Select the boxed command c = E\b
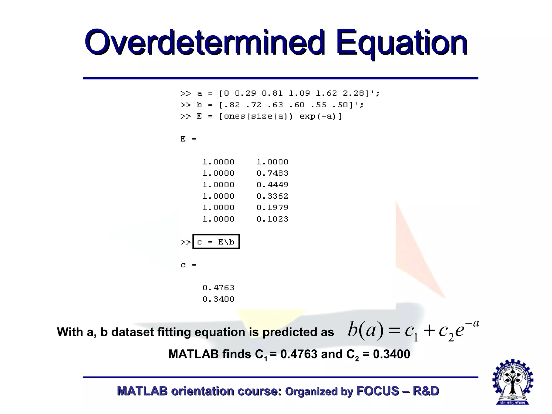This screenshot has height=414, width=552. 216,242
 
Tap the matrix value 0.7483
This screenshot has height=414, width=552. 272,173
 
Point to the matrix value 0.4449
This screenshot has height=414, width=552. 272,185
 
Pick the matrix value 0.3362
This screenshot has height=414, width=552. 272,196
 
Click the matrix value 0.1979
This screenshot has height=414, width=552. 272,208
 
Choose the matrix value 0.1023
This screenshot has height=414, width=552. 272,219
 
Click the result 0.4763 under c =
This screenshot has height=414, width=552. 218,288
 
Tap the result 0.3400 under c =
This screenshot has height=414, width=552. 218,299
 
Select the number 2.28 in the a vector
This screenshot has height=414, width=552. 353,94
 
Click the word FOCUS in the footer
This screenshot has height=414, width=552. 378,391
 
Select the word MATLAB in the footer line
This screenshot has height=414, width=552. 142,391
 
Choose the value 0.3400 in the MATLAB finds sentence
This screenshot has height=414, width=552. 391,354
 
